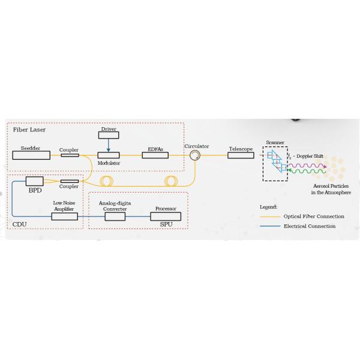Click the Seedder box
point(31,155)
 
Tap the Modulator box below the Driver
point(109,155)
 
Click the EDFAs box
point(155,155)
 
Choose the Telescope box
point(239,155)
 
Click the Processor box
point(165,215)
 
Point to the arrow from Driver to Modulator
point(109,145)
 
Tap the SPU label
point(166,224)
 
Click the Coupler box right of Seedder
point(69,155)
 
